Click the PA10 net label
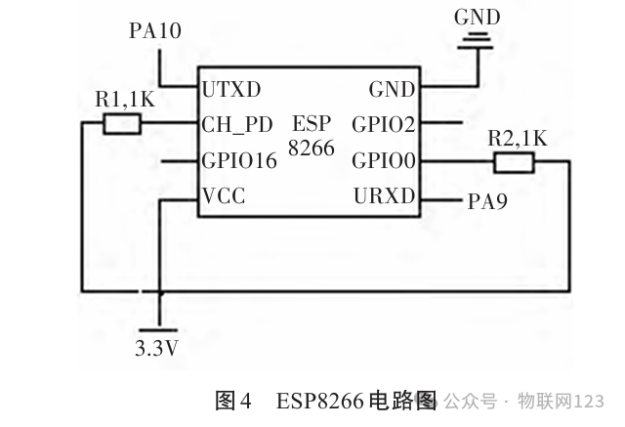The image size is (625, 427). (x=155, y=30)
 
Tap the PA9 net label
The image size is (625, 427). (x=487, y=201)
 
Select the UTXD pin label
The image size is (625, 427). (x=231, y=89)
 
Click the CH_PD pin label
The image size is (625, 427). (x=237, y=125)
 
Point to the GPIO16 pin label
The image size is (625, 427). (x=239, y=160)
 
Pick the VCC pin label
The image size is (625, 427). (x=224, y=195)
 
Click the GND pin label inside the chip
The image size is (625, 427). (x=392, y=89)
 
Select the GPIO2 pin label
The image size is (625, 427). (x=384, y=125)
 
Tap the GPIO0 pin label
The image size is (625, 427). (x=384, y=160)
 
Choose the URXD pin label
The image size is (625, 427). (x=384, y=195)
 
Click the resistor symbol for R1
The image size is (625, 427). (x=122, y=123)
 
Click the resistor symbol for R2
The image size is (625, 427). (x=514, y=162)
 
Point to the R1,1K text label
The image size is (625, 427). (x=125, y=99)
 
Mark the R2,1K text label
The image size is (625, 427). (x=518, y=139)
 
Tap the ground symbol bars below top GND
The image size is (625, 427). (x=476, y=43)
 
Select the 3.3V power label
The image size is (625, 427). (x=156, y=348)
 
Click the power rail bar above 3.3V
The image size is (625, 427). (x=158, y=330)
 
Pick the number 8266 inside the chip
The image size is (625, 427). (x=312, y=149)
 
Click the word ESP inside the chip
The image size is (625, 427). (x=312, y=123)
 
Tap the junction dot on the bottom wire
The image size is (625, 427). (x=160, y=293)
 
